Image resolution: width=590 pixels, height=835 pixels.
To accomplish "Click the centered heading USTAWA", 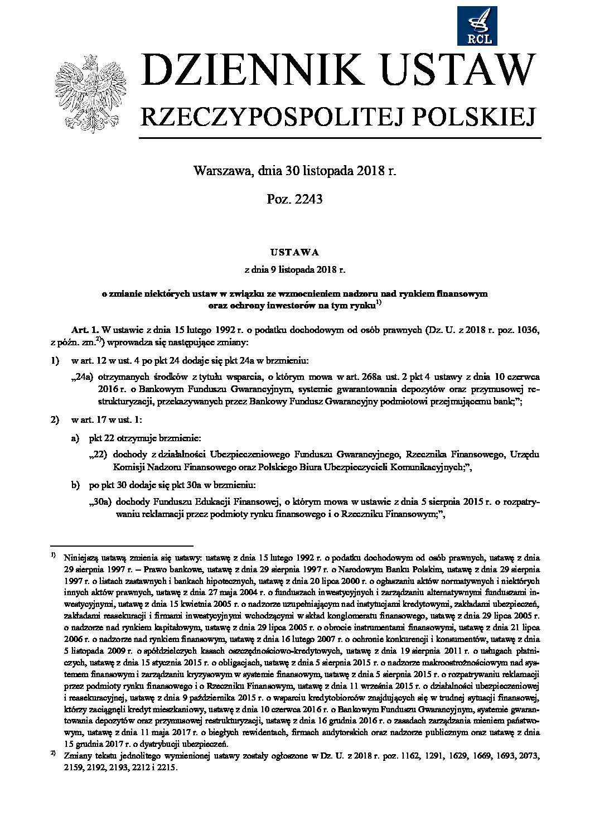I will pos(295,252).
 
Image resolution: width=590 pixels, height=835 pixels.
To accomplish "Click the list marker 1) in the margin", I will pos(55,361).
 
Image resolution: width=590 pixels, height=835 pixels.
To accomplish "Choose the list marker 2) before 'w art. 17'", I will pos(55,419).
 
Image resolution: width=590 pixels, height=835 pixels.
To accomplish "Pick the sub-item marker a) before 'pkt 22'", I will pos(75,439).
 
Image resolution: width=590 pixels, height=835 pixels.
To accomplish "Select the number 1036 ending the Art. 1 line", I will pos(528,330).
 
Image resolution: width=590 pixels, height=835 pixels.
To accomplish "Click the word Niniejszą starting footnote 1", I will pos(81,557).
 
